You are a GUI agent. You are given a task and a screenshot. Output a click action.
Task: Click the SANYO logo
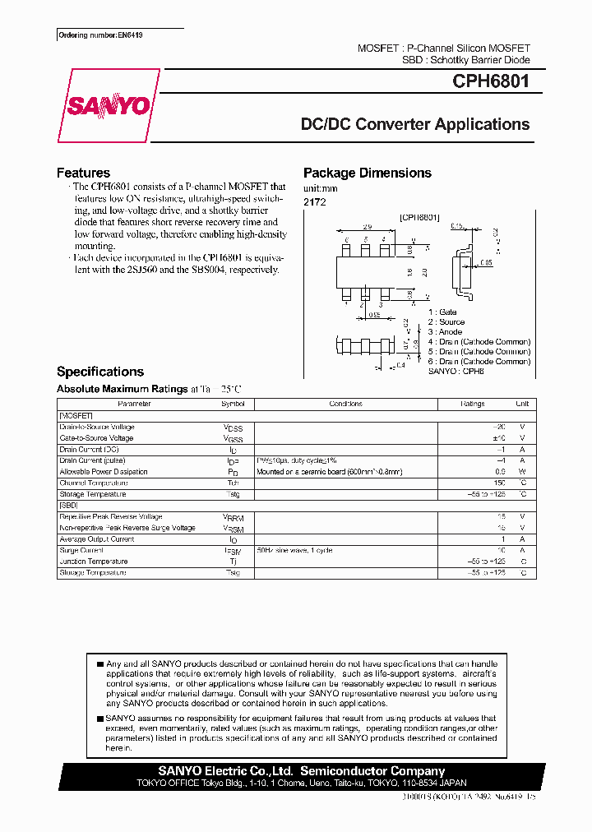pos(109,105)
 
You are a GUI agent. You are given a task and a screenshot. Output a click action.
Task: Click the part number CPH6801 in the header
pos(491,81)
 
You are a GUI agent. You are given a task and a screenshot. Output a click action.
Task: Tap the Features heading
pos(83,173)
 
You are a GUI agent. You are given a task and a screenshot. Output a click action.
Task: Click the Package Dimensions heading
pos(367,173)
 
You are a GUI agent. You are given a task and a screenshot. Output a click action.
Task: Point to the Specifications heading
pos(99,372)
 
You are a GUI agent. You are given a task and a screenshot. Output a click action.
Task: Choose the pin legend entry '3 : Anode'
pos(445,332)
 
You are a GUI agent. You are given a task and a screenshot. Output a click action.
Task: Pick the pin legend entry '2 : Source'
pos(446,322)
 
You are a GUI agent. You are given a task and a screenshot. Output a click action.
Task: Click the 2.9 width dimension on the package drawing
pos(368,226)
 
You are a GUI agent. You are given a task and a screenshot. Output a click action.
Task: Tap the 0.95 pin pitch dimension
pos(372,314)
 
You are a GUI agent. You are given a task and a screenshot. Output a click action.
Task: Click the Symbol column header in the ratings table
pos(233,404)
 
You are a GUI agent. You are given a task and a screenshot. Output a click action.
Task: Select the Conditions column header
pos(345,404)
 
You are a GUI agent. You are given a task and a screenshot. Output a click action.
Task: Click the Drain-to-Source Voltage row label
pos(97,428)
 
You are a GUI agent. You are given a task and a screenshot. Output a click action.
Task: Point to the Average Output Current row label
pos(97,539)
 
